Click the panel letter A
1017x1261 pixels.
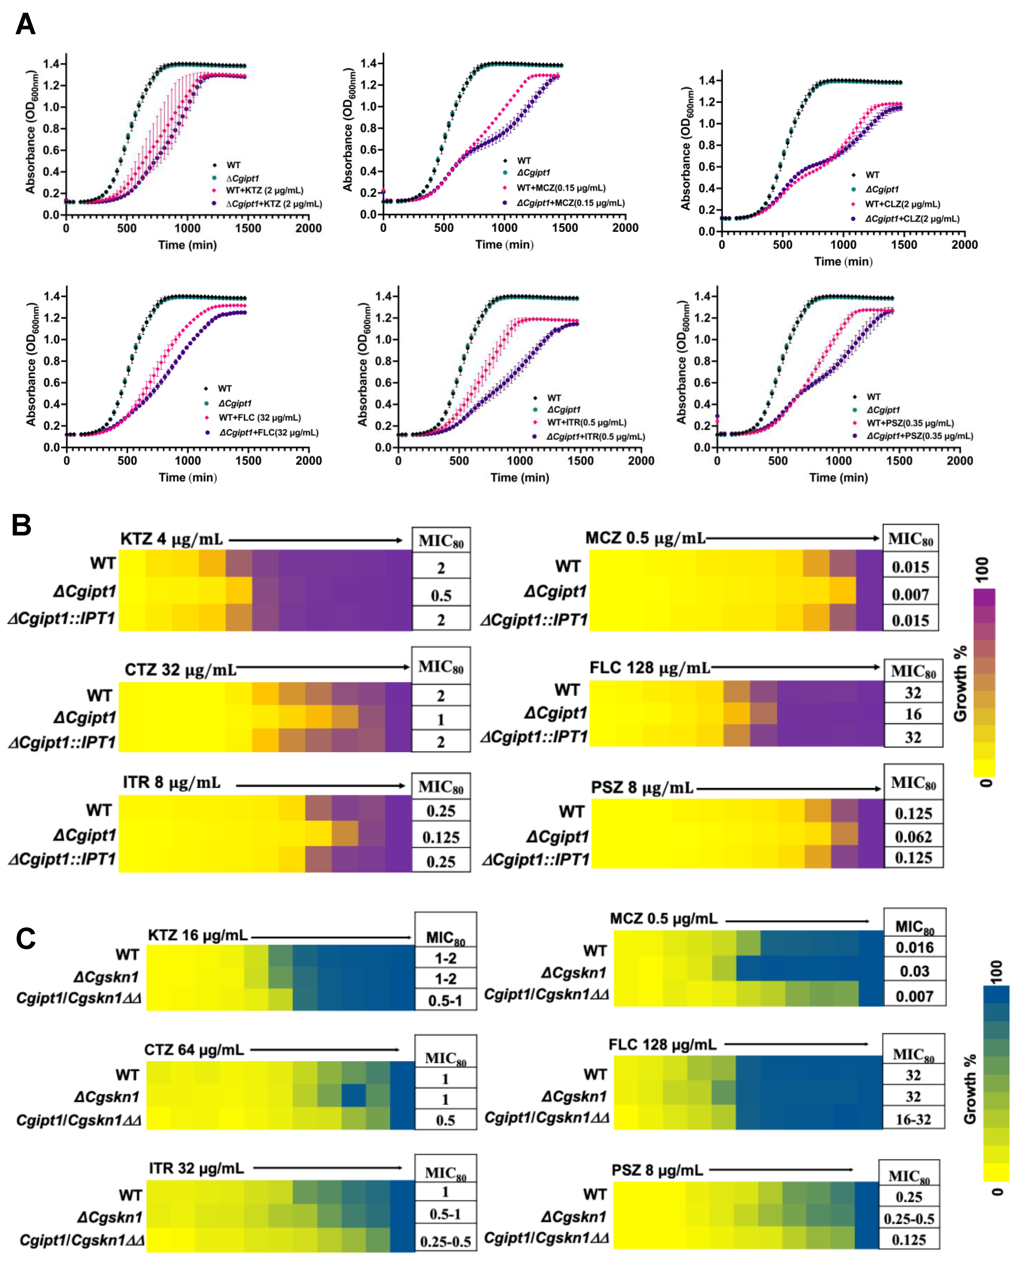25,25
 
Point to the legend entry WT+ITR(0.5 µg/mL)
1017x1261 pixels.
587,422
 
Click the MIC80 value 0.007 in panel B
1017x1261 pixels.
910,595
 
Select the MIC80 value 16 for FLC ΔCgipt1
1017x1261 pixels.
913,714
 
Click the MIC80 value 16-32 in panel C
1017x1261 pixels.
913,1119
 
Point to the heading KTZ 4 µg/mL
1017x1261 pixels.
172,538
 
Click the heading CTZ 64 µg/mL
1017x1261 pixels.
194,1050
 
